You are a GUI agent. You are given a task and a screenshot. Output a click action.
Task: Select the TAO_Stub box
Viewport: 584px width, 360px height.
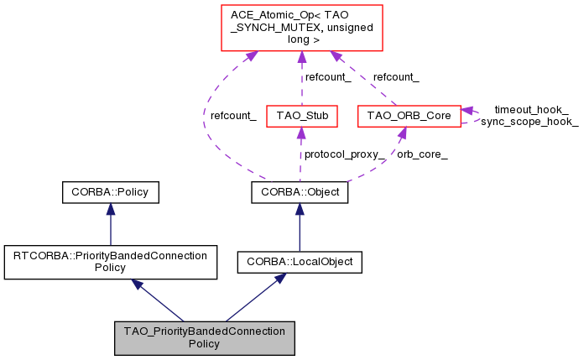pos(300,116)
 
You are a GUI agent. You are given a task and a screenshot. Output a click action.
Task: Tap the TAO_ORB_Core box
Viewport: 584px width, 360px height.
pos(408,116)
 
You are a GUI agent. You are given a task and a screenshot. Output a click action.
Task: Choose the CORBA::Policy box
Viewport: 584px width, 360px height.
pos(110,193)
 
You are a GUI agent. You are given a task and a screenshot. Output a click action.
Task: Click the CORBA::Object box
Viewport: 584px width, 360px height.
pos(300,193)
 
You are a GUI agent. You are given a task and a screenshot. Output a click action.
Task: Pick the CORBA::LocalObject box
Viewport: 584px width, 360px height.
pos(300,263)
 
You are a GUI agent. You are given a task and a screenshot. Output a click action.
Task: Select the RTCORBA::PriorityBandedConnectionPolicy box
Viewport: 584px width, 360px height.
pos(110,261)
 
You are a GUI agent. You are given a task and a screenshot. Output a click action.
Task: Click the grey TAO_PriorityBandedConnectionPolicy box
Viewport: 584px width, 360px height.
pos(205,337)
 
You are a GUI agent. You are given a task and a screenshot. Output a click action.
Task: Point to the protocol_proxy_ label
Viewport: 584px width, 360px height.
pos(345,155)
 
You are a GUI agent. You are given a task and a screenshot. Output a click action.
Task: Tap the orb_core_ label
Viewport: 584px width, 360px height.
pos(421,155)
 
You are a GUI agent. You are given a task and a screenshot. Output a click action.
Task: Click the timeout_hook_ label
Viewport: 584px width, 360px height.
pos(530,109)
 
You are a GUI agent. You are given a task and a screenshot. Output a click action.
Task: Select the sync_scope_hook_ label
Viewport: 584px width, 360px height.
pos(529,122)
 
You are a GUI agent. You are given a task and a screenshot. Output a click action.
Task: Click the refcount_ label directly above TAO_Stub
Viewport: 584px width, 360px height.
pos(327,76)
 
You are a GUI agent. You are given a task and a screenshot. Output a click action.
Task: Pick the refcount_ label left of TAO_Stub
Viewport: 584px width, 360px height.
pos(233,116)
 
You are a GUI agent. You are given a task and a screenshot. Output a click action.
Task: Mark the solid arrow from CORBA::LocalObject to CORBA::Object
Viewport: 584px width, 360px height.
pos(300,227)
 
